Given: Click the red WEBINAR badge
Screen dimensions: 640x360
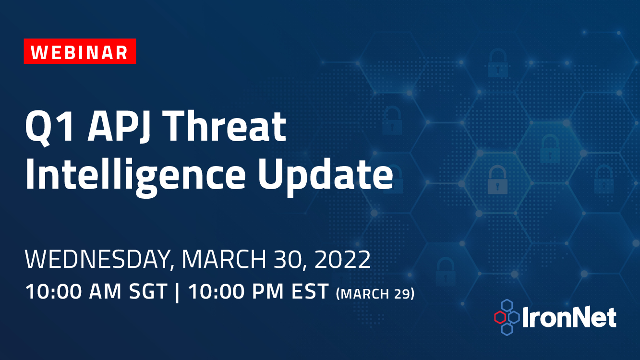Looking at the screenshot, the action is (x=80, y=51).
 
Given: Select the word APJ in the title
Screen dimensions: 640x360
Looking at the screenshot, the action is (x=119, y=126).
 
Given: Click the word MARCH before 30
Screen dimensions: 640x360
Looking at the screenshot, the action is (x=224, y=259).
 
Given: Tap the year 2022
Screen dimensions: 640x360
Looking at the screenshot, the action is (x=343, y=259).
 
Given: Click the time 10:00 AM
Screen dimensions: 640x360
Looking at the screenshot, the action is (x=73, y=291).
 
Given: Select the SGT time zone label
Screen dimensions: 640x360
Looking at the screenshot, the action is (x=148, y=291).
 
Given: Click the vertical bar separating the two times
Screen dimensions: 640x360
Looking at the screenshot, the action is (x=177, y=292).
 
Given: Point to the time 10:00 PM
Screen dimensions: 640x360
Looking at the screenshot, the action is (x=235, y=291).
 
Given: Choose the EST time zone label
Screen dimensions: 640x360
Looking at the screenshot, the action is (x=310, y=291).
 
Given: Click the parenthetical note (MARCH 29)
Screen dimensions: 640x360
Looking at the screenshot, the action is (x=375, y=293).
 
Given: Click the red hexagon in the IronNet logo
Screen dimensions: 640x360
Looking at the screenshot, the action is (x=500, y=317).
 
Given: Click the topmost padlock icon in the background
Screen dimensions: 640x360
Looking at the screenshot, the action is (x=498, y=63).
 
